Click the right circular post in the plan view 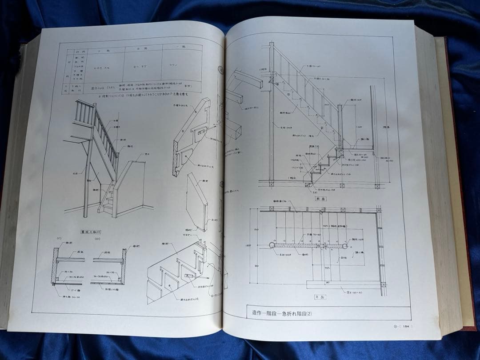pyautogui.click(x=344, y=245)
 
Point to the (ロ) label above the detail pyautogui.click(x=97, y=238)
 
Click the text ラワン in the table pyautogui.click(x=174, y=64)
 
